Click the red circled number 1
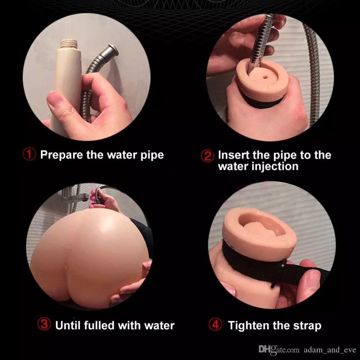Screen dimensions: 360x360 click(29, 154)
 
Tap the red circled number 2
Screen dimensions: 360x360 click(208, 156)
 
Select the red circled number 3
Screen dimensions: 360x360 click(44, 324)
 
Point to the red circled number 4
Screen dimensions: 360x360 click(215, 324)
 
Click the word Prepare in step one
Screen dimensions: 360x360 click(62, 155)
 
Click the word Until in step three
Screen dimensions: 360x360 click(68, 325)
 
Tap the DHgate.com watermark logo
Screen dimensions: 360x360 click(279, 349)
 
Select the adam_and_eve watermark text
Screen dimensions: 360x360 click(330, 350)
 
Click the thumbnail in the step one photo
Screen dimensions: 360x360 click(55, 99)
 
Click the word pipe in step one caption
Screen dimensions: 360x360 click(152, 156)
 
